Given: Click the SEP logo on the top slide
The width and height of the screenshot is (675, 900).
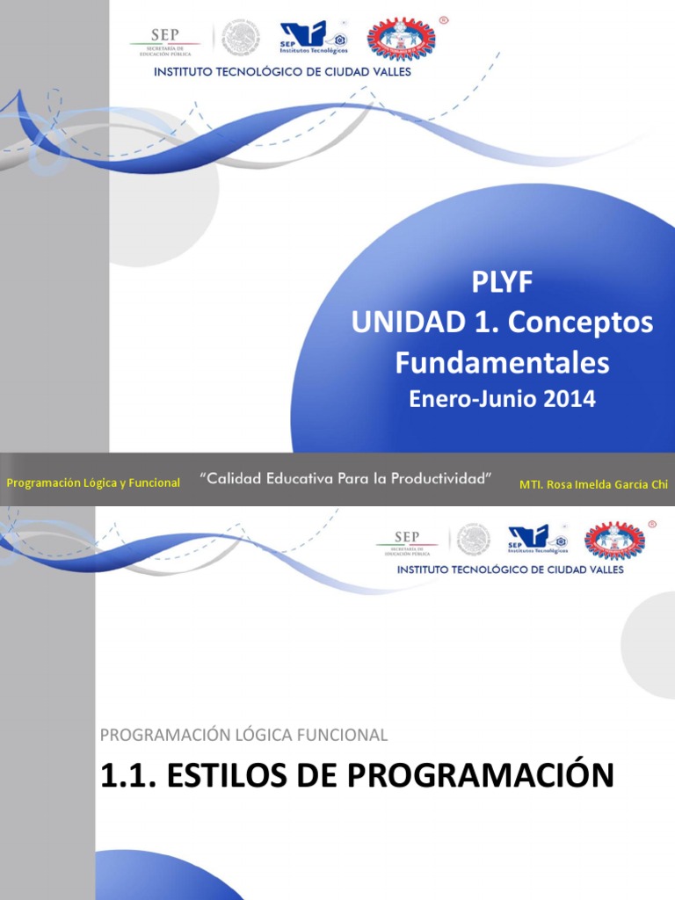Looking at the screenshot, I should [x=165, y=40].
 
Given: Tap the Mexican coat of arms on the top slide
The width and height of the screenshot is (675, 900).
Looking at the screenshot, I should [x=240, y=39].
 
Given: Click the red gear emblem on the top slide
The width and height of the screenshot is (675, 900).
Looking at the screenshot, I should [x=400, y=39].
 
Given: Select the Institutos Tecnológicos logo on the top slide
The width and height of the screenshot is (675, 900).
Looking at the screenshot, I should [x=312, y=39].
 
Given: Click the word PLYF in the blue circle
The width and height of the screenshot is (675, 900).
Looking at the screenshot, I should [x=502, y=283].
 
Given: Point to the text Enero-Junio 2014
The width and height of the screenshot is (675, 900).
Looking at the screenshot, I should [x=502, y=399].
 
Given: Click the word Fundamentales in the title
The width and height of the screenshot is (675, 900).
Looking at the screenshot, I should [x=502, y=361].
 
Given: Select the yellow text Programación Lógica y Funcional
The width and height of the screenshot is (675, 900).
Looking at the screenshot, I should [x=93, y=483].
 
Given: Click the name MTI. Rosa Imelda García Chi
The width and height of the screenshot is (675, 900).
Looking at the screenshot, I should [x=594, y=483].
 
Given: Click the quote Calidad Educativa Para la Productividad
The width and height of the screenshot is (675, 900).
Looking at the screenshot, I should [x=346, y=479].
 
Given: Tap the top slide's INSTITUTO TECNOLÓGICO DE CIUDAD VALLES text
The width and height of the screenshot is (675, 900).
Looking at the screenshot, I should [x=282, y=72].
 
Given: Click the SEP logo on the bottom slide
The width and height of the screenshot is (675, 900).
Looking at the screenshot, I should [x=406, y=541].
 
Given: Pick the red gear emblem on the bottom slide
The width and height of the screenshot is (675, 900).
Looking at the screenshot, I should [x=614, y=540].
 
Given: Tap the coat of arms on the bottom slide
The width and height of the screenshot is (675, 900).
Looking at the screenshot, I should [x=474, y=540].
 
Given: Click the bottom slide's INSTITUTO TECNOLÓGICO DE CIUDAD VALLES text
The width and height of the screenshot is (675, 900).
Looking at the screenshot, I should [x=511, y=570].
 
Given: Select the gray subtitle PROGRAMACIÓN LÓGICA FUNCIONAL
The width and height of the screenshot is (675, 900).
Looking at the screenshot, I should [x=243, y=734].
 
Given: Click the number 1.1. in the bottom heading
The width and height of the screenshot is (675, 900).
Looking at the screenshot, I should [x=131, y=776].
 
